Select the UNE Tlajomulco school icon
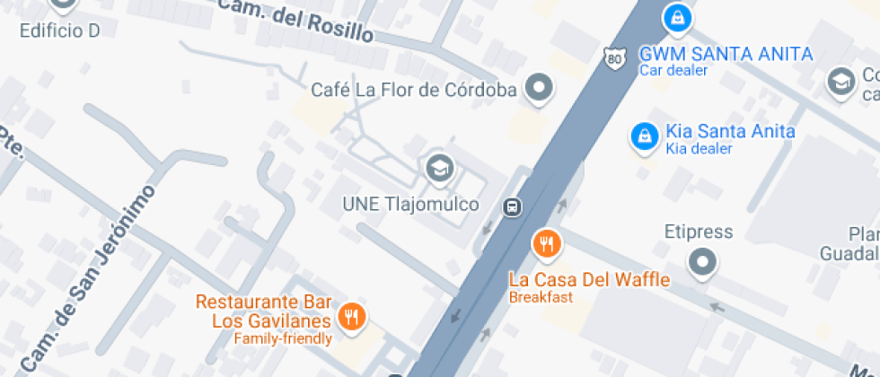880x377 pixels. coord(439,168)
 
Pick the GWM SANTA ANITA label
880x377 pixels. coord(726,54)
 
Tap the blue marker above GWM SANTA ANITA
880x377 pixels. coord(676,16)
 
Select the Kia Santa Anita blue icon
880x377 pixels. coord(643,136)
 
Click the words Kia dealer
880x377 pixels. coord(699,149)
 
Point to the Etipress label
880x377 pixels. coord(699,232)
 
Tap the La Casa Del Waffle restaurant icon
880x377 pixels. coord(547,242)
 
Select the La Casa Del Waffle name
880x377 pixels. coord(589,280)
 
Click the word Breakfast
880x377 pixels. coord(541,297)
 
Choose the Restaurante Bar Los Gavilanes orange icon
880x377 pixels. coord(352,317)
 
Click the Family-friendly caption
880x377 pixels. coord(283,338)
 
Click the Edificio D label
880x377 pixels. coord(59,31)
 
